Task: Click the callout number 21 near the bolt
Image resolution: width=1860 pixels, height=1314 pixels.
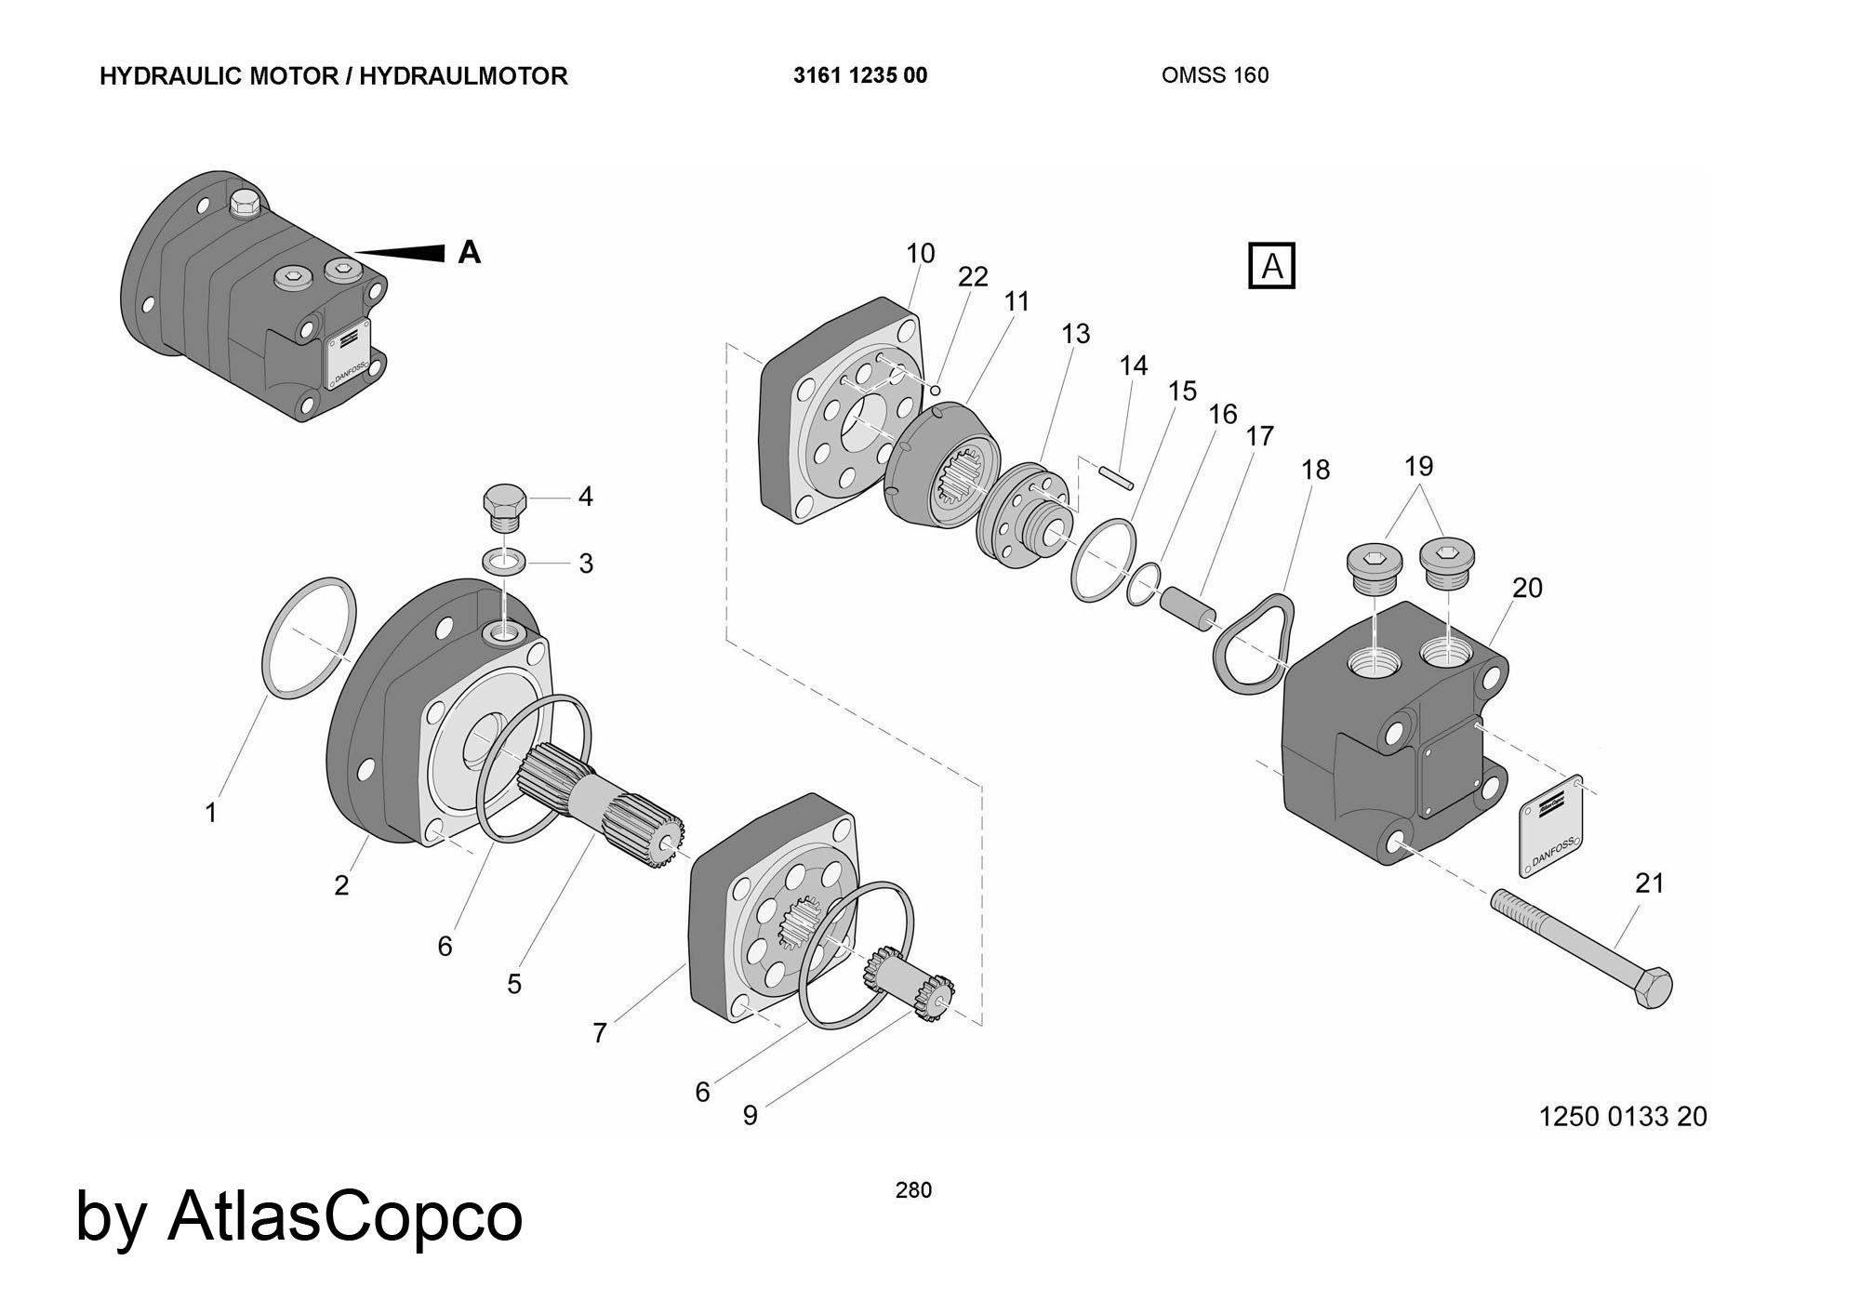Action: (x=1649, y=883)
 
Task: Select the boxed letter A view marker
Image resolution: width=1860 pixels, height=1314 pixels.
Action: (x=1270, y=267)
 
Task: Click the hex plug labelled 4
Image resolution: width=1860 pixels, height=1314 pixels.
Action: (x=505, y=506)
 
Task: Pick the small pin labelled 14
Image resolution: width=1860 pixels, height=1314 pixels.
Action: (x=1115, y=475)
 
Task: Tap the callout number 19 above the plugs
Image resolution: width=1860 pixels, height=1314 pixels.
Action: (x=1418, y=465)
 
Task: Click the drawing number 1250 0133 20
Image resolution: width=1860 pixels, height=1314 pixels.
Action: (x=1623, y=1115)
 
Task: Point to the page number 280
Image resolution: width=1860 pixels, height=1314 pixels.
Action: (x=913, y=1189)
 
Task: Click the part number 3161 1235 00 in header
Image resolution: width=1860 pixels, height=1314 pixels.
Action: (x=860, y=75)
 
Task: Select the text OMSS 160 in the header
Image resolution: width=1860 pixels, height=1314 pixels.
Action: (x=1215, y=75)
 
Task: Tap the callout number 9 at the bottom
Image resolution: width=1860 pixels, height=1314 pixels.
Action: (x=750, y=1115)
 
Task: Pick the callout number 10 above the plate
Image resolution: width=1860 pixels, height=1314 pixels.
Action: (x=920, y=253)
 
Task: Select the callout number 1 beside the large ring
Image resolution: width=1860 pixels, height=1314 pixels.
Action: (x=211, y=813)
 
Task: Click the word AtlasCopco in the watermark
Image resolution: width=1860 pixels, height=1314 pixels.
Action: (x=345, y=1215)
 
